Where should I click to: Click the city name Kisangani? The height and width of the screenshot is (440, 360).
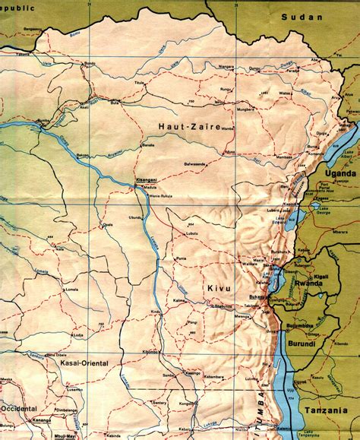point(147,180)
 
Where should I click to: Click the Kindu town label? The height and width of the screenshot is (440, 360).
point(156,312)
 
